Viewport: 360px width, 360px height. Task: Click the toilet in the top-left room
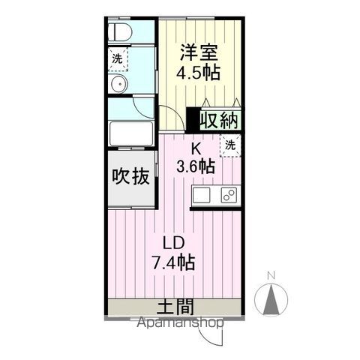pyautogui.click(x=121, y=31)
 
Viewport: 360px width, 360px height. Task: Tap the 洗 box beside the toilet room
pyautogui.click(x=118, y=58)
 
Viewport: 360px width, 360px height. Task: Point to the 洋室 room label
pyautogui.click(x=199, y=52)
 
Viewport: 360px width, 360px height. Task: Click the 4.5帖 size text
pyautogui.click(x=199, y=73)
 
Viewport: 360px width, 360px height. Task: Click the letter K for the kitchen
pyautogui.click(x=196, y=148)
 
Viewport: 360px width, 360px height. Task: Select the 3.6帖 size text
pyautogui.click(x=196, y=166)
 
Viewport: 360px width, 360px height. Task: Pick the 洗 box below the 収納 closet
pyautogui.click(x=231, y=144)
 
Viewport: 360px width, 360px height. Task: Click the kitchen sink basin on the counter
pyautogui.click(x=203, y=196)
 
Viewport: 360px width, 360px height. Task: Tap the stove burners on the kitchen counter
pyautogui.click(x=229, y=196)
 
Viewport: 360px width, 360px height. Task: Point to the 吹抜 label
pyautogui.click(x=130, y=177)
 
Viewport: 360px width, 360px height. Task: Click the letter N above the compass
pyautogui.click(x=272, y=274)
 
